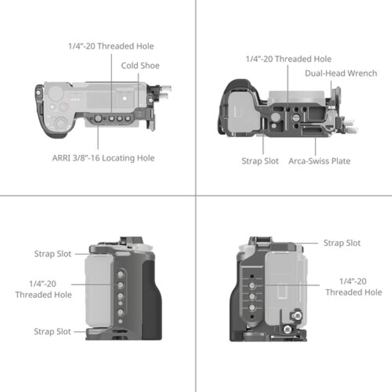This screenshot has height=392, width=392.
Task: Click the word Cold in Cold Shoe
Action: click(129, 65)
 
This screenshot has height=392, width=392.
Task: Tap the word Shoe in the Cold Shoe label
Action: click(150, 65)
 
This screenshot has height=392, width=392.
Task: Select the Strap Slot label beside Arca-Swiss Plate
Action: click(260, 161)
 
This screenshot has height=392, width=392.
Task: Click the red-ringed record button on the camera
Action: click(64, 107)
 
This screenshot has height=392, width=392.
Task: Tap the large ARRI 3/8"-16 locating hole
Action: click(98, 118)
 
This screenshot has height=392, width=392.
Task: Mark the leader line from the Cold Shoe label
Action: click(138, 91)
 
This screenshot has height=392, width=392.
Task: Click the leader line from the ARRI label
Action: click(98, 136)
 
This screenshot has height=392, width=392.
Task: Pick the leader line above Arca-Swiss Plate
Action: click(315, 146)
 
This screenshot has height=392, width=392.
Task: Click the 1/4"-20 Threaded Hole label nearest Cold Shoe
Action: click(111, 46)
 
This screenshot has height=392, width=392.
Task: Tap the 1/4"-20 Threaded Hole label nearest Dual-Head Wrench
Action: click(289, 59)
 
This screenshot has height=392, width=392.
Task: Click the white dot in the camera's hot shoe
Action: click(125, 98)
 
